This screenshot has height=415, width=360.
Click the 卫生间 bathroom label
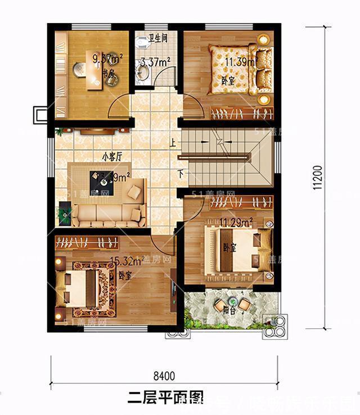coord(157,39)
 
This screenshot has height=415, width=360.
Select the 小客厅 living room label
coord(112,157)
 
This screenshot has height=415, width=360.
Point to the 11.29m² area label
coord(237,223)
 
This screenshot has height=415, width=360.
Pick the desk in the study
coord(92,70)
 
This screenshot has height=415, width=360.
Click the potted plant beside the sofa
coord(66,214)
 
